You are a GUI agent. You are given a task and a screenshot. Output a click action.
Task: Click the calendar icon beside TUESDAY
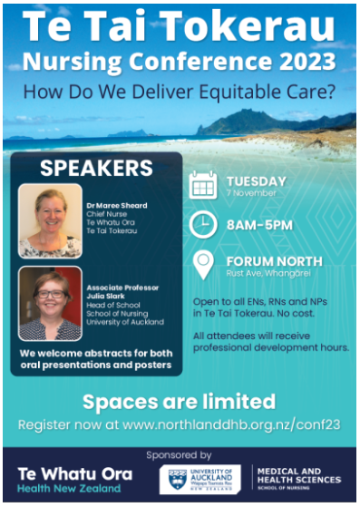(x=204, y=184)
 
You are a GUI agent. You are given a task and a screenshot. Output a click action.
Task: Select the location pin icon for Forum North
(x=204, y=264)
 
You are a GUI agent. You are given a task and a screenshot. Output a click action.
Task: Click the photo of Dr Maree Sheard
(x=51, y=222)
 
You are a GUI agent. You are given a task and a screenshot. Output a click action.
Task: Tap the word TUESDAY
(x=256, y=180)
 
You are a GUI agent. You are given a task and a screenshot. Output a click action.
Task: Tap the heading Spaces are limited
(x=179, y=402)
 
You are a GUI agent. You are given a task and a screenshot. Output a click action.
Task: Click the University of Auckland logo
(x=200, y=479)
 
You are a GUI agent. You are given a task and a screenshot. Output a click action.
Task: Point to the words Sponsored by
(x=179, y=453)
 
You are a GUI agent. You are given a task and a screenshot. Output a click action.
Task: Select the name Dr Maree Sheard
(x=123, y=206)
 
